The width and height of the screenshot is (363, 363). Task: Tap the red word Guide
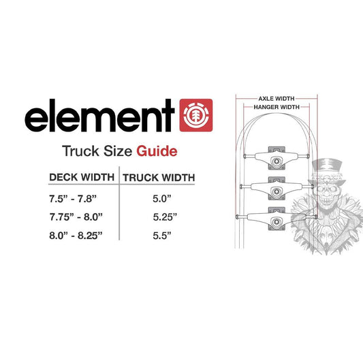pos(158,150)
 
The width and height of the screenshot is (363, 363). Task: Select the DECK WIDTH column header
pos(81,178)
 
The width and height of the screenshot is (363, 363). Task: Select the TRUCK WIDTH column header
pos(158,178)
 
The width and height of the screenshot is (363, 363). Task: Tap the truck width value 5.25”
pos(161,217)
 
